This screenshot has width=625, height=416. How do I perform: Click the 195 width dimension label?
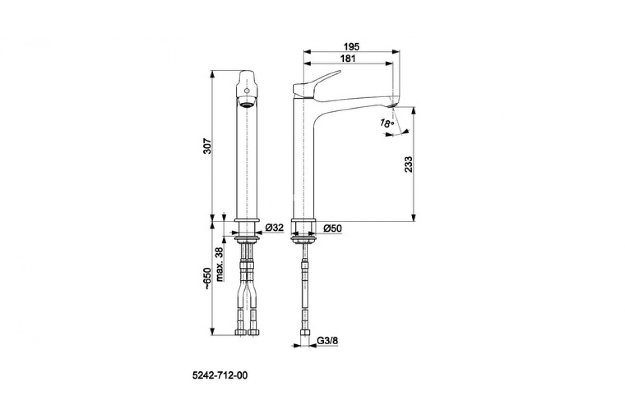coord(351,46)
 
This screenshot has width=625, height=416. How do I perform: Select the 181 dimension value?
coord(348,59)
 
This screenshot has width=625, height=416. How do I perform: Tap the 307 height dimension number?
coord(207,146)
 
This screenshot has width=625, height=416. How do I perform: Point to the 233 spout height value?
coord(408,164)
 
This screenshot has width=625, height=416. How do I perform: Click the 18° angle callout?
coord(387,123)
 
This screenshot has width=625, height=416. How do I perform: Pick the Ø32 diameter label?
coord(274,228)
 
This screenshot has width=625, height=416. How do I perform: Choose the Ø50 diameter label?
coord(333,228)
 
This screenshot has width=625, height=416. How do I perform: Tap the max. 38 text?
coord(220,264)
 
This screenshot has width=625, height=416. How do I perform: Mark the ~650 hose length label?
coord(208,278)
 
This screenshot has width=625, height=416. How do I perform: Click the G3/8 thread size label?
coord(327,341)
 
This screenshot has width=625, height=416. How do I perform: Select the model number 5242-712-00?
coord(220,375)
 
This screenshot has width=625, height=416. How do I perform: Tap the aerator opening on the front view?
coord(246,105)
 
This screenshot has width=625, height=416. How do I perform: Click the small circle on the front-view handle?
coord(246,90)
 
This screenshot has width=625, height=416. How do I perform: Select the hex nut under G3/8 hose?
coord(305,332)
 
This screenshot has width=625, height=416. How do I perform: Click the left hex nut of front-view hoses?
coord(241,332)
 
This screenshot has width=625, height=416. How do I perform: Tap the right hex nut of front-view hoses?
coord(253,332)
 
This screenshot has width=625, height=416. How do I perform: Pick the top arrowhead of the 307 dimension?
coord(212,74)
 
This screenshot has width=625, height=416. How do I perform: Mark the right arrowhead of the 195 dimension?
coord(396,51)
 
